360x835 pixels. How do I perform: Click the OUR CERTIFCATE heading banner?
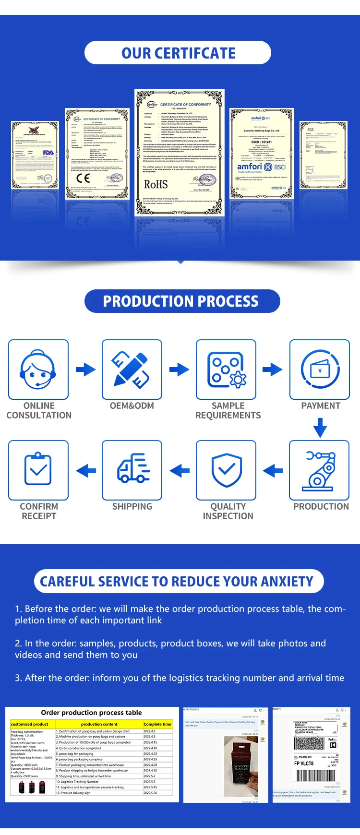tap(178, 53)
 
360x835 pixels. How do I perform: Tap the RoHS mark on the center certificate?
tap(156, 184)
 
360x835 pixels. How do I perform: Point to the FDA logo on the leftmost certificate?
tap(48, 153)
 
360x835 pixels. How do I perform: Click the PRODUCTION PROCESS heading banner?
tap(181, 301)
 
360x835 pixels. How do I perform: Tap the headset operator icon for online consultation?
tap(38, 370)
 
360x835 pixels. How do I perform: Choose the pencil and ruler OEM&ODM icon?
tap(132, 370)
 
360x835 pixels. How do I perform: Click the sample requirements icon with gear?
tap(226, 370)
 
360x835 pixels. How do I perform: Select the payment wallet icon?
tap(320, 370)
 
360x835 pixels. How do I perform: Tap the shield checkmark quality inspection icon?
tap(226, 470)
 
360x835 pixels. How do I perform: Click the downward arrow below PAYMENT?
tap(320, 428)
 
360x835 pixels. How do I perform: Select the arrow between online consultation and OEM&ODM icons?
tap(86, 370)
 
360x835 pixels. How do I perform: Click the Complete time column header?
tap(157, 724)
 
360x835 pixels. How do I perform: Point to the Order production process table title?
tap(91, 713)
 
